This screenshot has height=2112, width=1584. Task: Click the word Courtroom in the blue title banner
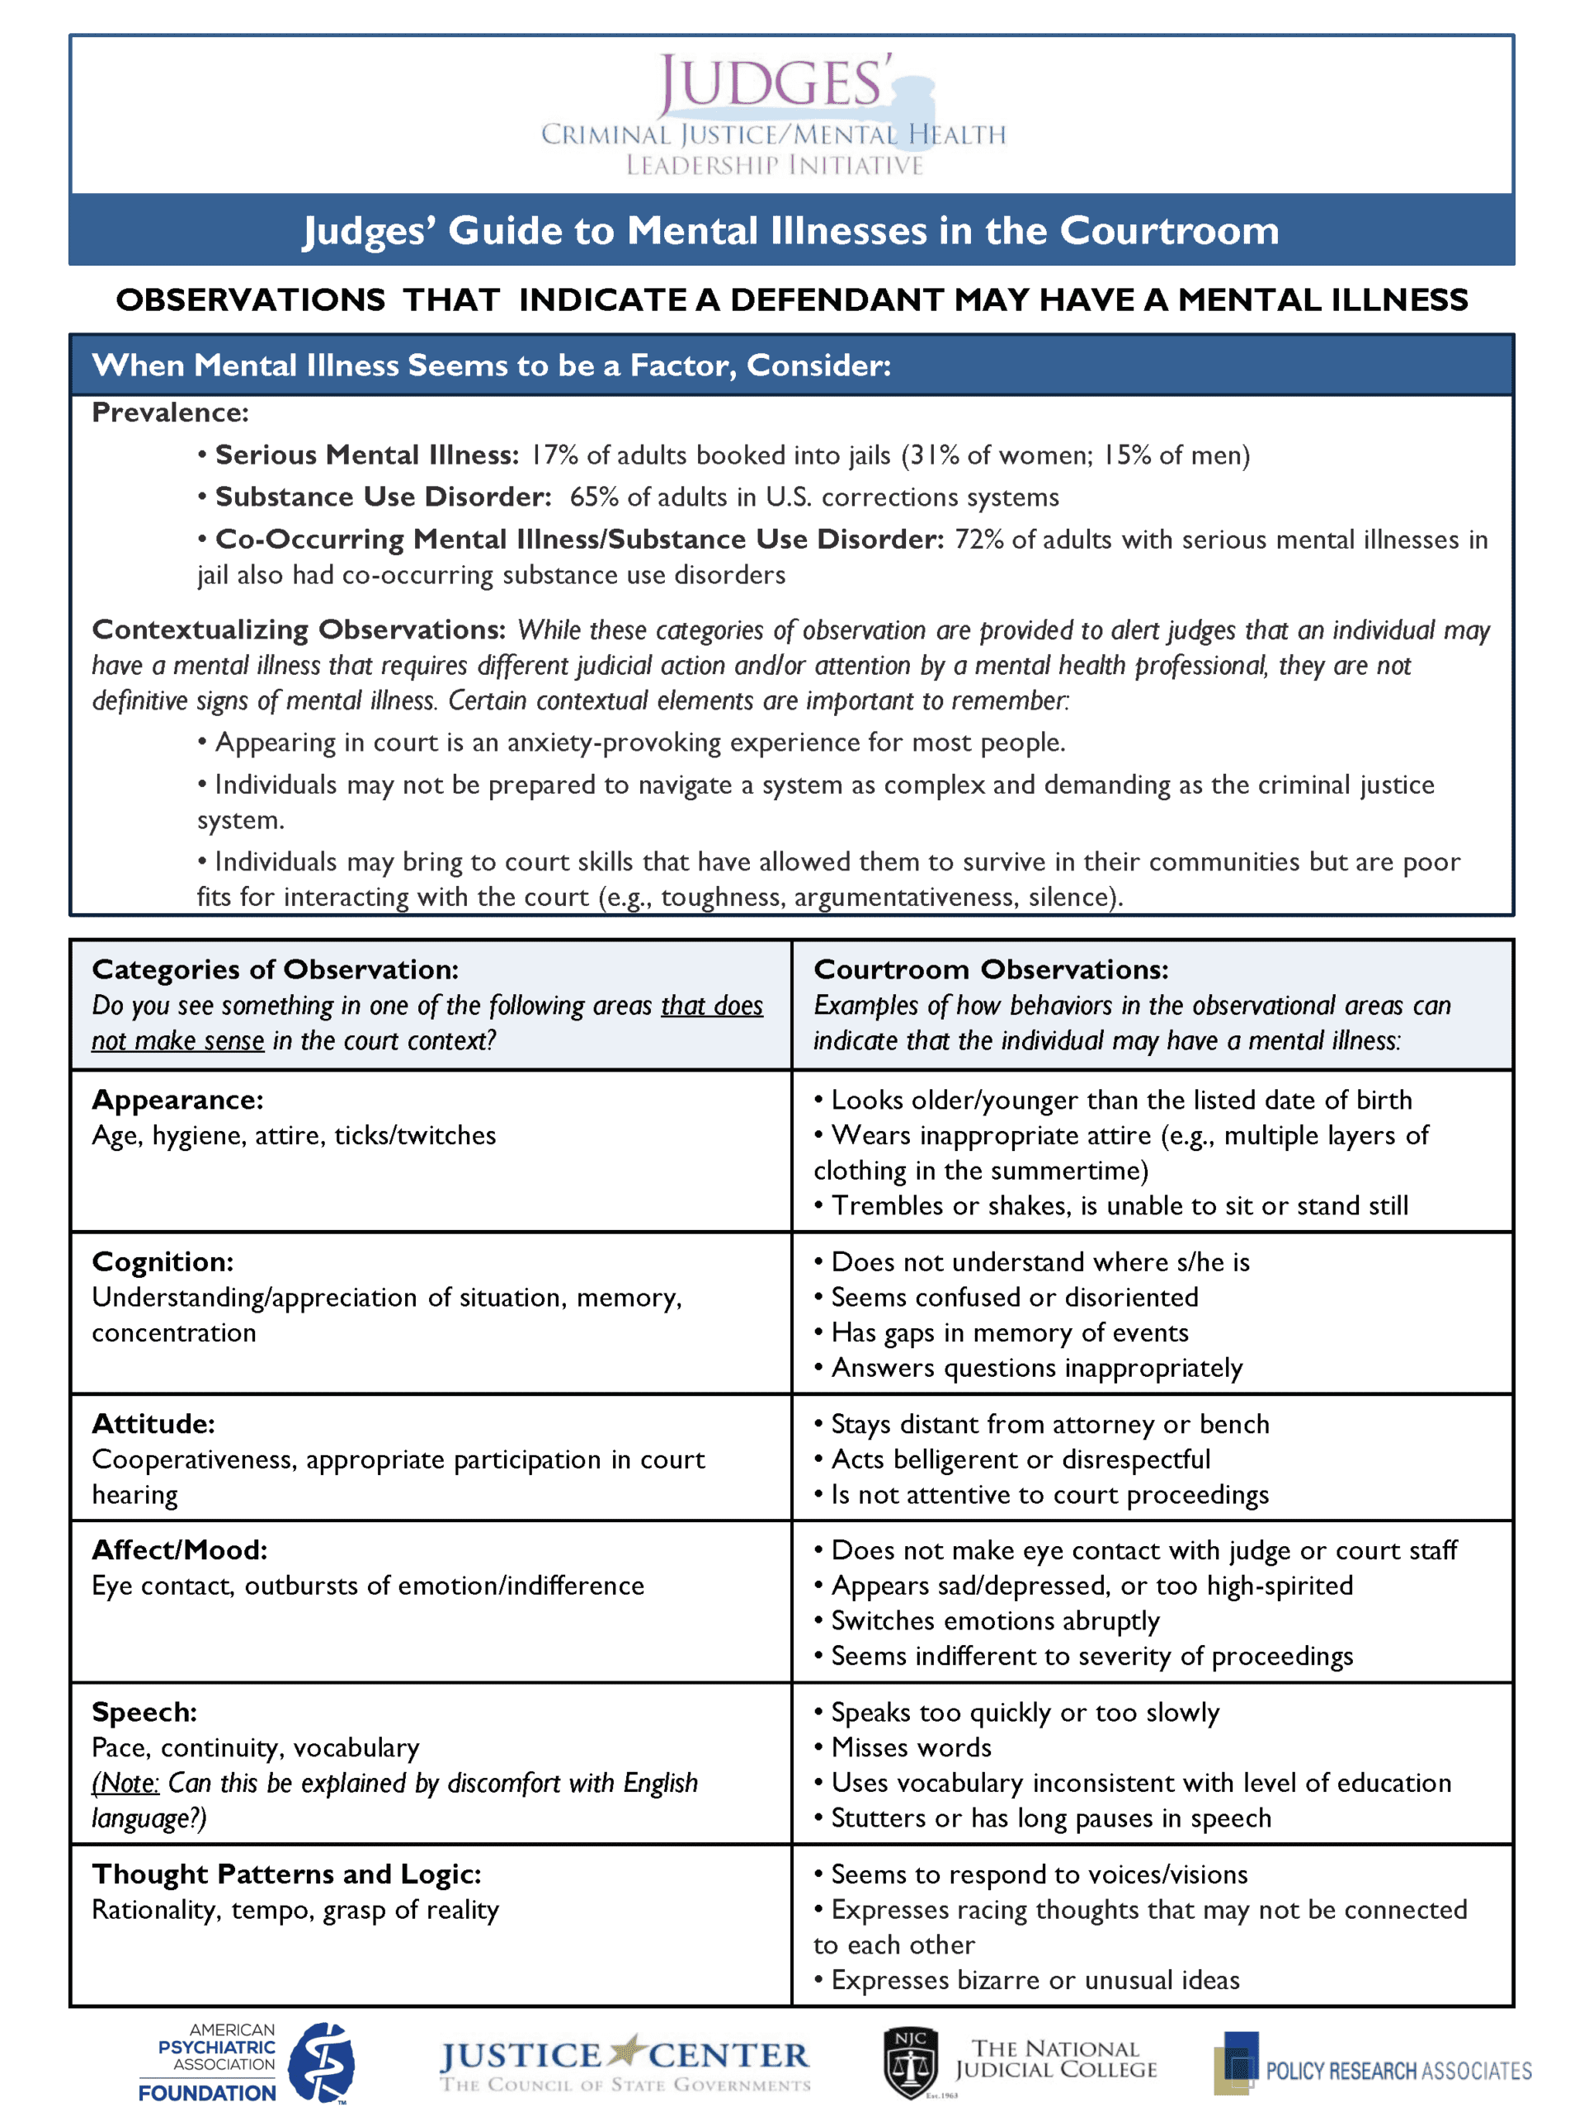(1169, 230)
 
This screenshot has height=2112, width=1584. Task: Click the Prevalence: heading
(170, 412)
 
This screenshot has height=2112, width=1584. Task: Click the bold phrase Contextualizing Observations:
(298, 630)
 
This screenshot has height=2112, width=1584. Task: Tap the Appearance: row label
(177, 1100)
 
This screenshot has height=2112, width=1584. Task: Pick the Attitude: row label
(153, 1424)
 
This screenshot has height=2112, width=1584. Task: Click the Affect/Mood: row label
(180, 1550)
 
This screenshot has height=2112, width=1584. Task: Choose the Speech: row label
(144, 1712)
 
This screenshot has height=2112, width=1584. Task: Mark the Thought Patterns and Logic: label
(286, 1874)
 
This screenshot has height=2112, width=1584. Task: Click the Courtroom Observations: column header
(990, 970)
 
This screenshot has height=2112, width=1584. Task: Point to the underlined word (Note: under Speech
(125, 1784)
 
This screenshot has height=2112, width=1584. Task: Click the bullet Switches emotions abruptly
(994, 1621)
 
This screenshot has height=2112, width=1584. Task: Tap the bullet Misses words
(911, 1748)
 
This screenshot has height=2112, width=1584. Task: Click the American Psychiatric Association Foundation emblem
(322, 2062)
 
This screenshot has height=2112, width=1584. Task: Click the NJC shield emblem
(910, 2062)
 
